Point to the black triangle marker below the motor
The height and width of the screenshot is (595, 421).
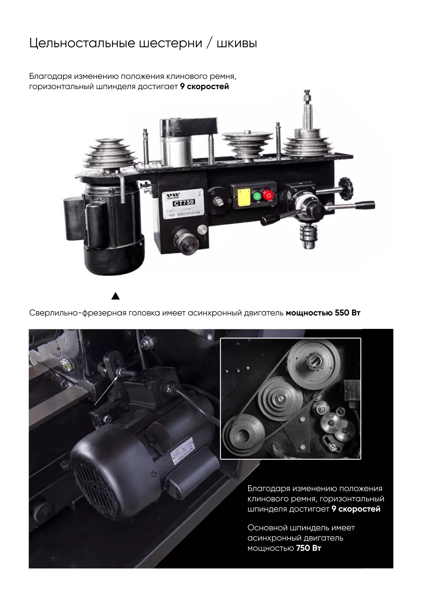[116, 296]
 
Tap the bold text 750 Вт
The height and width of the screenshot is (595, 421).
[309, 548]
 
